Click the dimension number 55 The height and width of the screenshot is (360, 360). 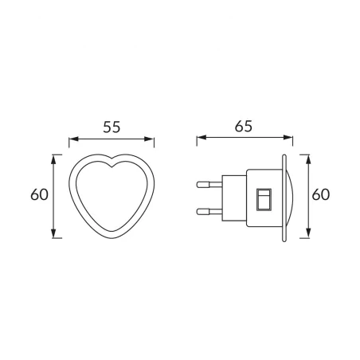[x=112, y=127]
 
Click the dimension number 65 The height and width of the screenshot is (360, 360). [x=243, y=127]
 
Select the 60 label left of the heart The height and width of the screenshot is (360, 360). [x=39, y=194]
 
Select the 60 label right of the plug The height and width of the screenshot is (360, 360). [x=321, y=194]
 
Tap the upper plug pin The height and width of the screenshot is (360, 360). [x=209, y=184]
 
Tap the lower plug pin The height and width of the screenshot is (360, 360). [x=209, y=211]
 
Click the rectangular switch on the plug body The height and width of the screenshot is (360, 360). [x=264, y=199]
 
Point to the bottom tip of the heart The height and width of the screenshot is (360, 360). [x=112, y=237]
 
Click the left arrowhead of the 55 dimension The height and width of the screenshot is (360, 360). [x=73, y=139]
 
